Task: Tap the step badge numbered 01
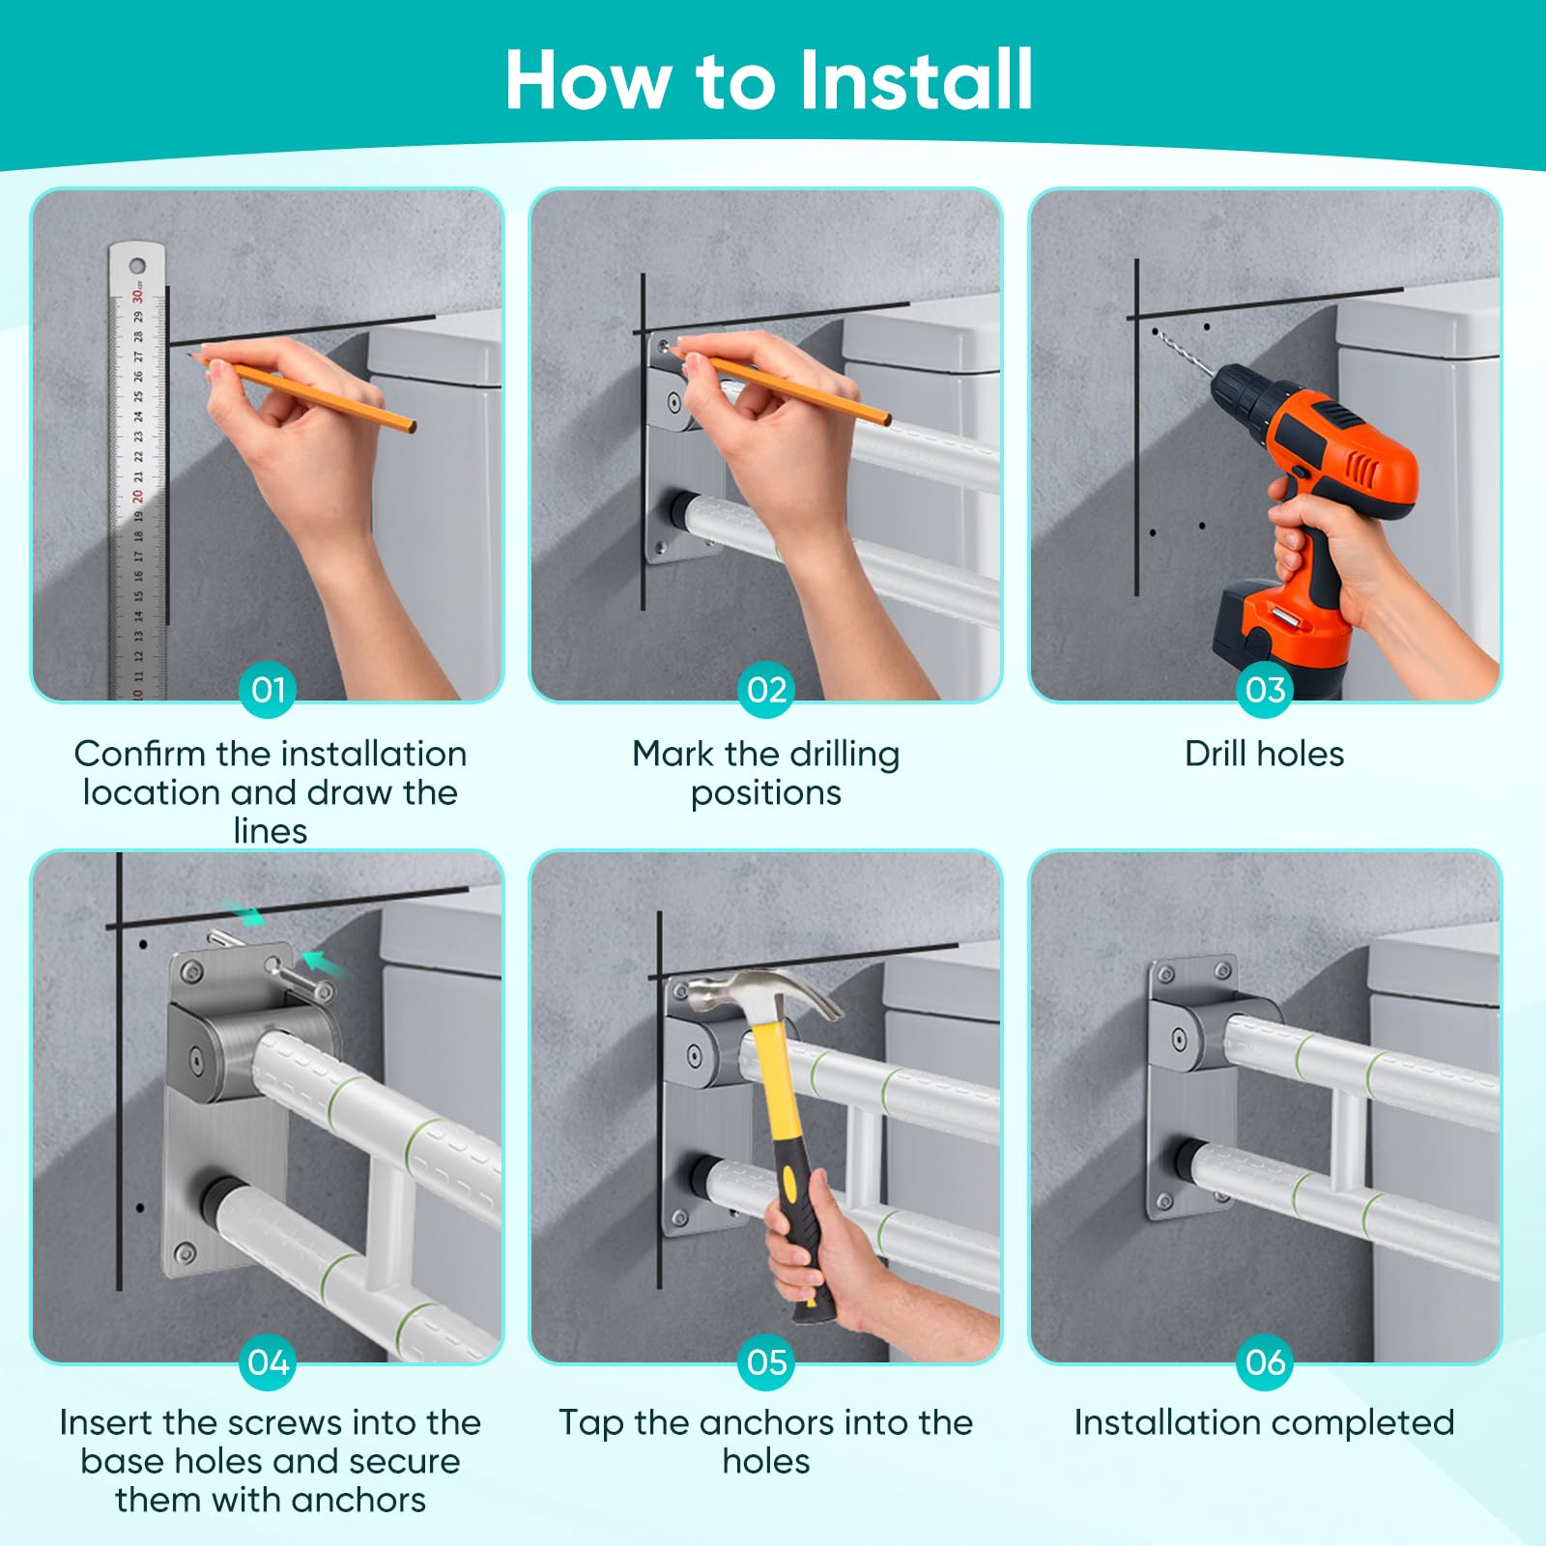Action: click(269, 690)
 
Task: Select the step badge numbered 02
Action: click(767, 690)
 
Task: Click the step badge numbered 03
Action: click(1265, 690)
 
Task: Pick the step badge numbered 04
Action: click(269, 1362)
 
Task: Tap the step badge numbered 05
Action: click(767, 1362)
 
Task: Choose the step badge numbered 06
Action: click(1265, 1362)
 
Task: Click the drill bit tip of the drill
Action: click(1156, 331)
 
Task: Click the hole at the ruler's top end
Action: click(137, 266)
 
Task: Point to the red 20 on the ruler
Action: click(137, 497)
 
